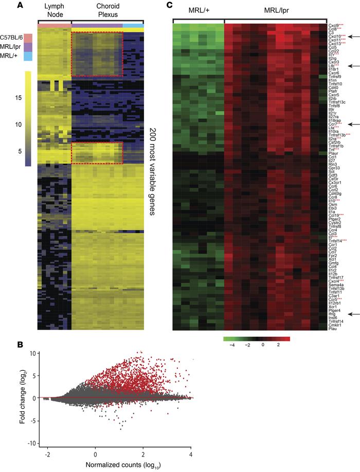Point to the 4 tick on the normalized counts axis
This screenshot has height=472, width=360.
191,455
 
